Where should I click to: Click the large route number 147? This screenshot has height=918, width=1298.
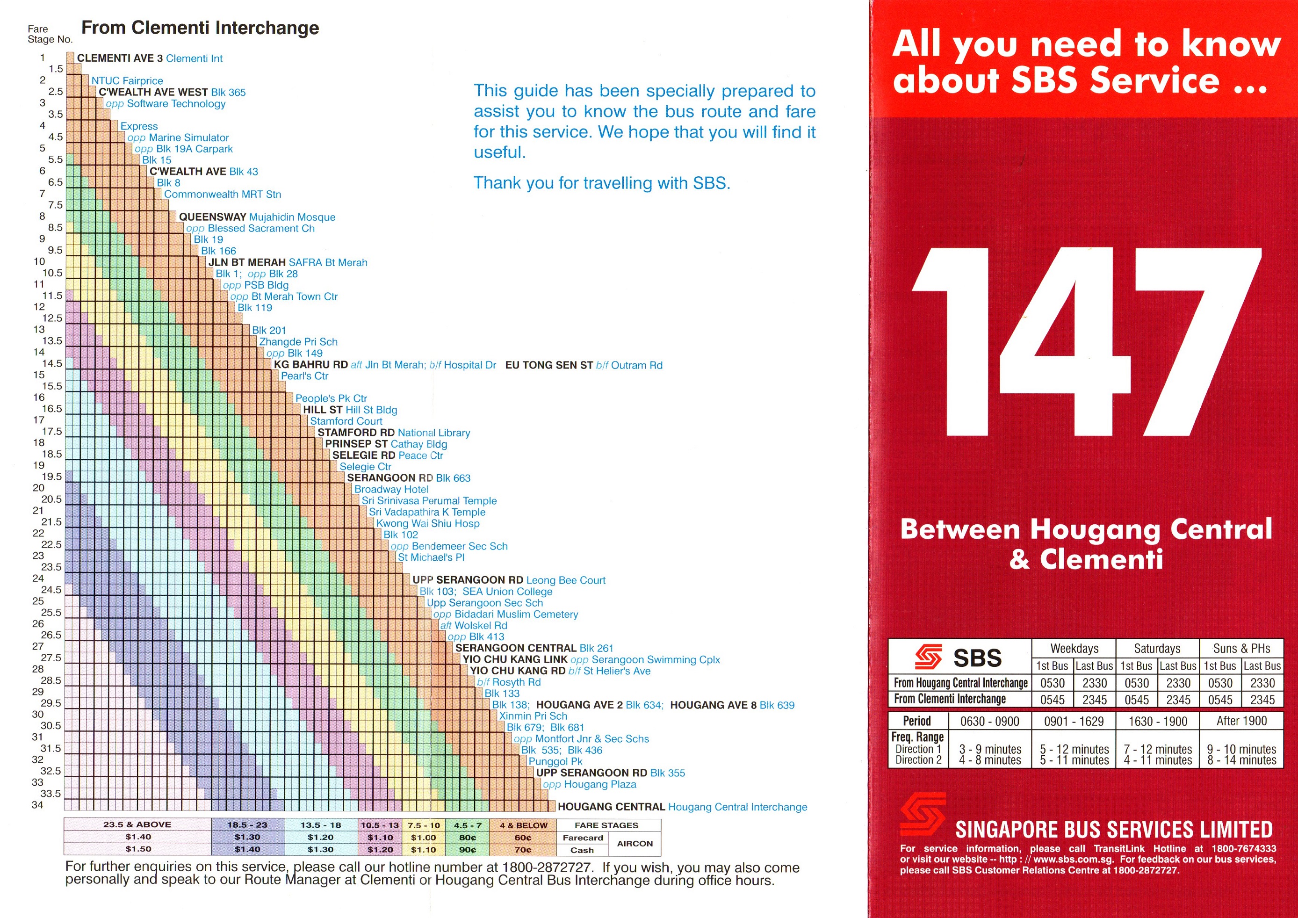pyautogui.click(x=1085, y=342)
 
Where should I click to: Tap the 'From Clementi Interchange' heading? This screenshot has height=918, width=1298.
pyautogui.click(x=200, y=28)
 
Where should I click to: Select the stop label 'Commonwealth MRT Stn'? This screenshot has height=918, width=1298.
pyautogui.click(x=222, y=195)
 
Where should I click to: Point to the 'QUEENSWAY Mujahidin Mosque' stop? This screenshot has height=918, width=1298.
pyautogui.click(x=257, y=217)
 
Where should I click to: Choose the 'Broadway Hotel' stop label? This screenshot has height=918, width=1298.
pyautogui.click(x=391, y=490)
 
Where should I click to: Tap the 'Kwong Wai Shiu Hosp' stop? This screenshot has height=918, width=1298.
pyautogui.click(x=427, y=523)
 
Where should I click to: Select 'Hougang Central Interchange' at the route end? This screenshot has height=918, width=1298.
pyautogui.click(x=737, y=807)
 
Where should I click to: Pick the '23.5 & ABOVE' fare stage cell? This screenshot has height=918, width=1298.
pyautogui.click(x=137, y=825)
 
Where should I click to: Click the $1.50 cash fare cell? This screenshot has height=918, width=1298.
pyautogui.click(x=138, y=849)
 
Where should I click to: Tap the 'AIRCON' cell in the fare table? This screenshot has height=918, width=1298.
pyautogui.click(x=635, y=843)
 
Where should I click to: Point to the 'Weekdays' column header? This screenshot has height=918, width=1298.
pyautogui.click(x=1074, y=648)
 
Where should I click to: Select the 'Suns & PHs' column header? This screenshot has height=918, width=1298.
pyautogui.click(x=1241, y=648)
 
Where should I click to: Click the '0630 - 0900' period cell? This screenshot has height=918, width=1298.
pyautogui.click(x=989, y=721)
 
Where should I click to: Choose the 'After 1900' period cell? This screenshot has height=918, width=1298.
pyautogui.click(x=1241, y=721)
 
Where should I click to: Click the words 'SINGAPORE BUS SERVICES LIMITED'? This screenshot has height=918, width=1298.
pyautogui.click(x=1114, y=830)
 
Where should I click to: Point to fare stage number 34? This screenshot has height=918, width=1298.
pyautogui.click(x=37, y=804)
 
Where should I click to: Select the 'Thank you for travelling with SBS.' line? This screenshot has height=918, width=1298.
pyautogui.click(x=601, y=183)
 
